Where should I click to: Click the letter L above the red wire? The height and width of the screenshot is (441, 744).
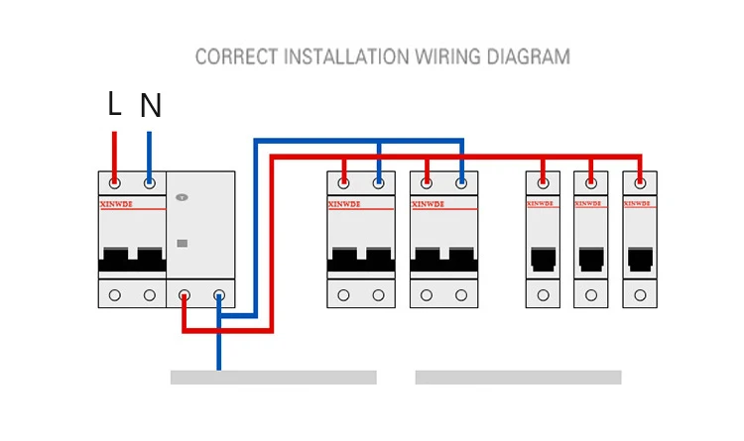click(114, 103)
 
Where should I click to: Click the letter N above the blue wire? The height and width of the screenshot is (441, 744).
click(151, 105)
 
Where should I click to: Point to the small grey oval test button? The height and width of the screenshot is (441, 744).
click(182, 197)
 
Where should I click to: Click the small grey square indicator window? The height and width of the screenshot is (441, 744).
click(183, 243)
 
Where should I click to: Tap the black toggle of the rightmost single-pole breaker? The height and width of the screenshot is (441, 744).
click(640, 260)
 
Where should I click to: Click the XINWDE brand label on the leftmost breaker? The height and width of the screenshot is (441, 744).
click(116, 204)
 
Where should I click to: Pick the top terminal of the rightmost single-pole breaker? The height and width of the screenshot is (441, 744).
click(640, 183)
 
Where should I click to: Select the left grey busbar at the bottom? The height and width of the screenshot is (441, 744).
click(274, 378)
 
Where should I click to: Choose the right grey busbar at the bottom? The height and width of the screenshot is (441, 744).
click(518, 378)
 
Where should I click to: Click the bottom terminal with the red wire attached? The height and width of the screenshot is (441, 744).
click(185, 295)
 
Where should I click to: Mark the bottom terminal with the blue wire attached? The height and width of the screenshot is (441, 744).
click(219, 295)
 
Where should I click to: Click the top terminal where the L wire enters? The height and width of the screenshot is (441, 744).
click(114, 183)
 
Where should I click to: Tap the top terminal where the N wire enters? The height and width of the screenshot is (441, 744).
click(150, 183)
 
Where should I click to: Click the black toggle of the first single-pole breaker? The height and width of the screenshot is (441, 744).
click(544, 260)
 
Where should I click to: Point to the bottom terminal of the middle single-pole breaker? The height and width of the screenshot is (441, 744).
click(591, 295)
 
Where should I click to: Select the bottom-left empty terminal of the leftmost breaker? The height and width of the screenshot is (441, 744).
click(114, 295)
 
